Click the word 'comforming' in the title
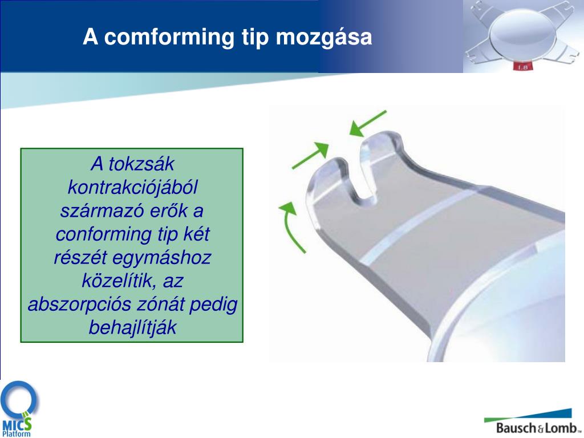click(169, 37)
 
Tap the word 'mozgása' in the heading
click(324, 38)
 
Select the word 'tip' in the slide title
click(255, 38)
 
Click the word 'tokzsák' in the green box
click(141, 164)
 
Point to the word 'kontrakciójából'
click(132, 187)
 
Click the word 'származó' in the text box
click(102, 211)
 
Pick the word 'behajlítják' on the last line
click(132, 328)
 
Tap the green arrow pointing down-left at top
click(368, 124)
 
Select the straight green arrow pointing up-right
click(310, 155)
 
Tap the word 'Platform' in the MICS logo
click(17, 434)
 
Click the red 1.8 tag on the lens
click(522, 67)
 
